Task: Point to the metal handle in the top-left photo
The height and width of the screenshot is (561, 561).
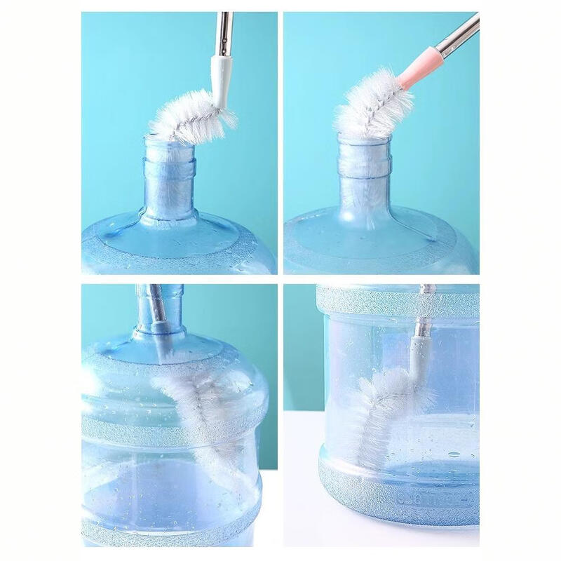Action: (224, 32)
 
